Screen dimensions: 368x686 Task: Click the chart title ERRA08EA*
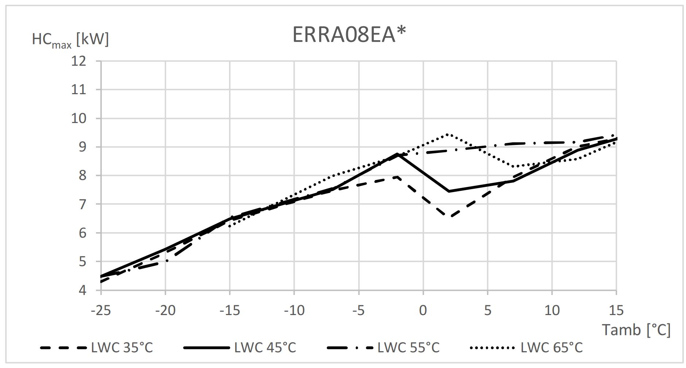(x=349, y=35)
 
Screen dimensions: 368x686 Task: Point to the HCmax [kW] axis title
(x=70, y=39)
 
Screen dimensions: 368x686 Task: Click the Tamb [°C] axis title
(x=636, y=330)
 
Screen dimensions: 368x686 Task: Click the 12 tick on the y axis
(x=79, y=61)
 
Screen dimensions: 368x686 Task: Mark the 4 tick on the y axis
(x=82, y=290)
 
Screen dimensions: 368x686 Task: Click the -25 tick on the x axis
(x=101, y=310)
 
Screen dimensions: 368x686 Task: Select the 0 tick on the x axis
(x=423, y=310)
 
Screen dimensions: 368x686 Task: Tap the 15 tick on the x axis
(x=616, y=310)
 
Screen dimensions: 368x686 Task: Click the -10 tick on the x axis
(x=294, y=310)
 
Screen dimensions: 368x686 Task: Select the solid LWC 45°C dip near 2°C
(x=449, y=191)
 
